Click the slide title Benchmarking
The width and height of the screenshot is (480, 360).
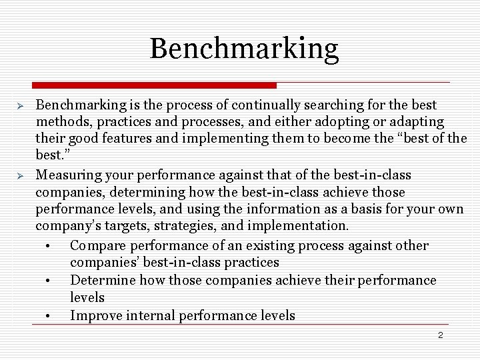(244, 49)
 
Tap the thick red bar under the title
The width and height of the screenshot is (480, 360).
(154, 85)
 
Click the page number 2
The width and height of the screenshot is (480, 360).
(440, 335)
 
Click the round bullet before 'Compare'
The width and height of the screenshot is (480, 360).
(49, 246)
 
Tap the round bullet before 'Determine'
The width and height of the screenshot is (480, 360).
(49, 281)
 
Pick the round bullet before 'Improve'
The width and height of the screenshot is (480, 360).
(49, 315)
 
